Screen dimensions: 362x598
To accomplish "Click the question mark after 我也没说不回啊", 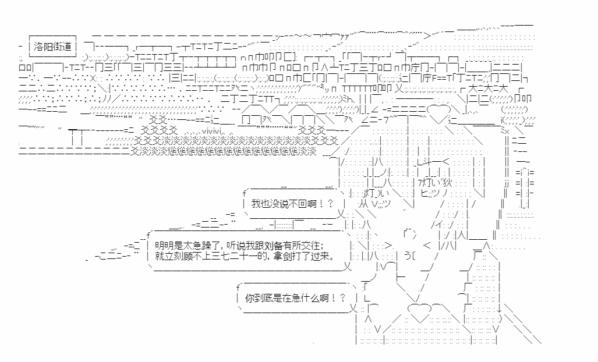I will (330, 203).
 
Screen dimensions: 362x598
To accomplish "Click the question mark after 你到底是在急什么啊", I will (343, 298).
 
